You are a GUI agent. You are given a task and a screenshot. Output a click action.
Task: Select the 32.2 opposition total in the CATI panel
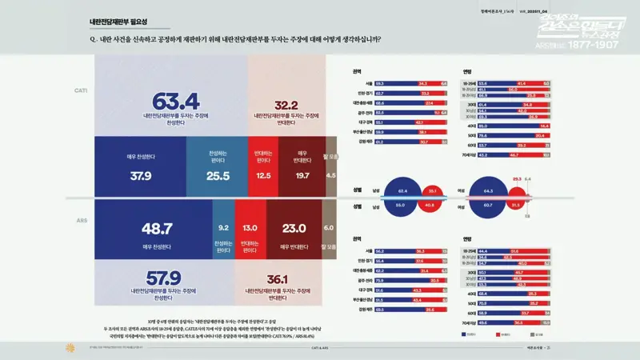pyautogui.click(x=286, y=105)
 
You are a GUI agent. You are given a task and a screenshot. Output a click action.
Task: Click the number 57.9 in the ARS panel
pyautogui.click(x=163, y=280)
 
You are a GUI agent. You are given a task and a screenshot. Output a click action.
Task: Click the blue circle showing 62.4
pyautogui.click(x=402, y=191)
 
